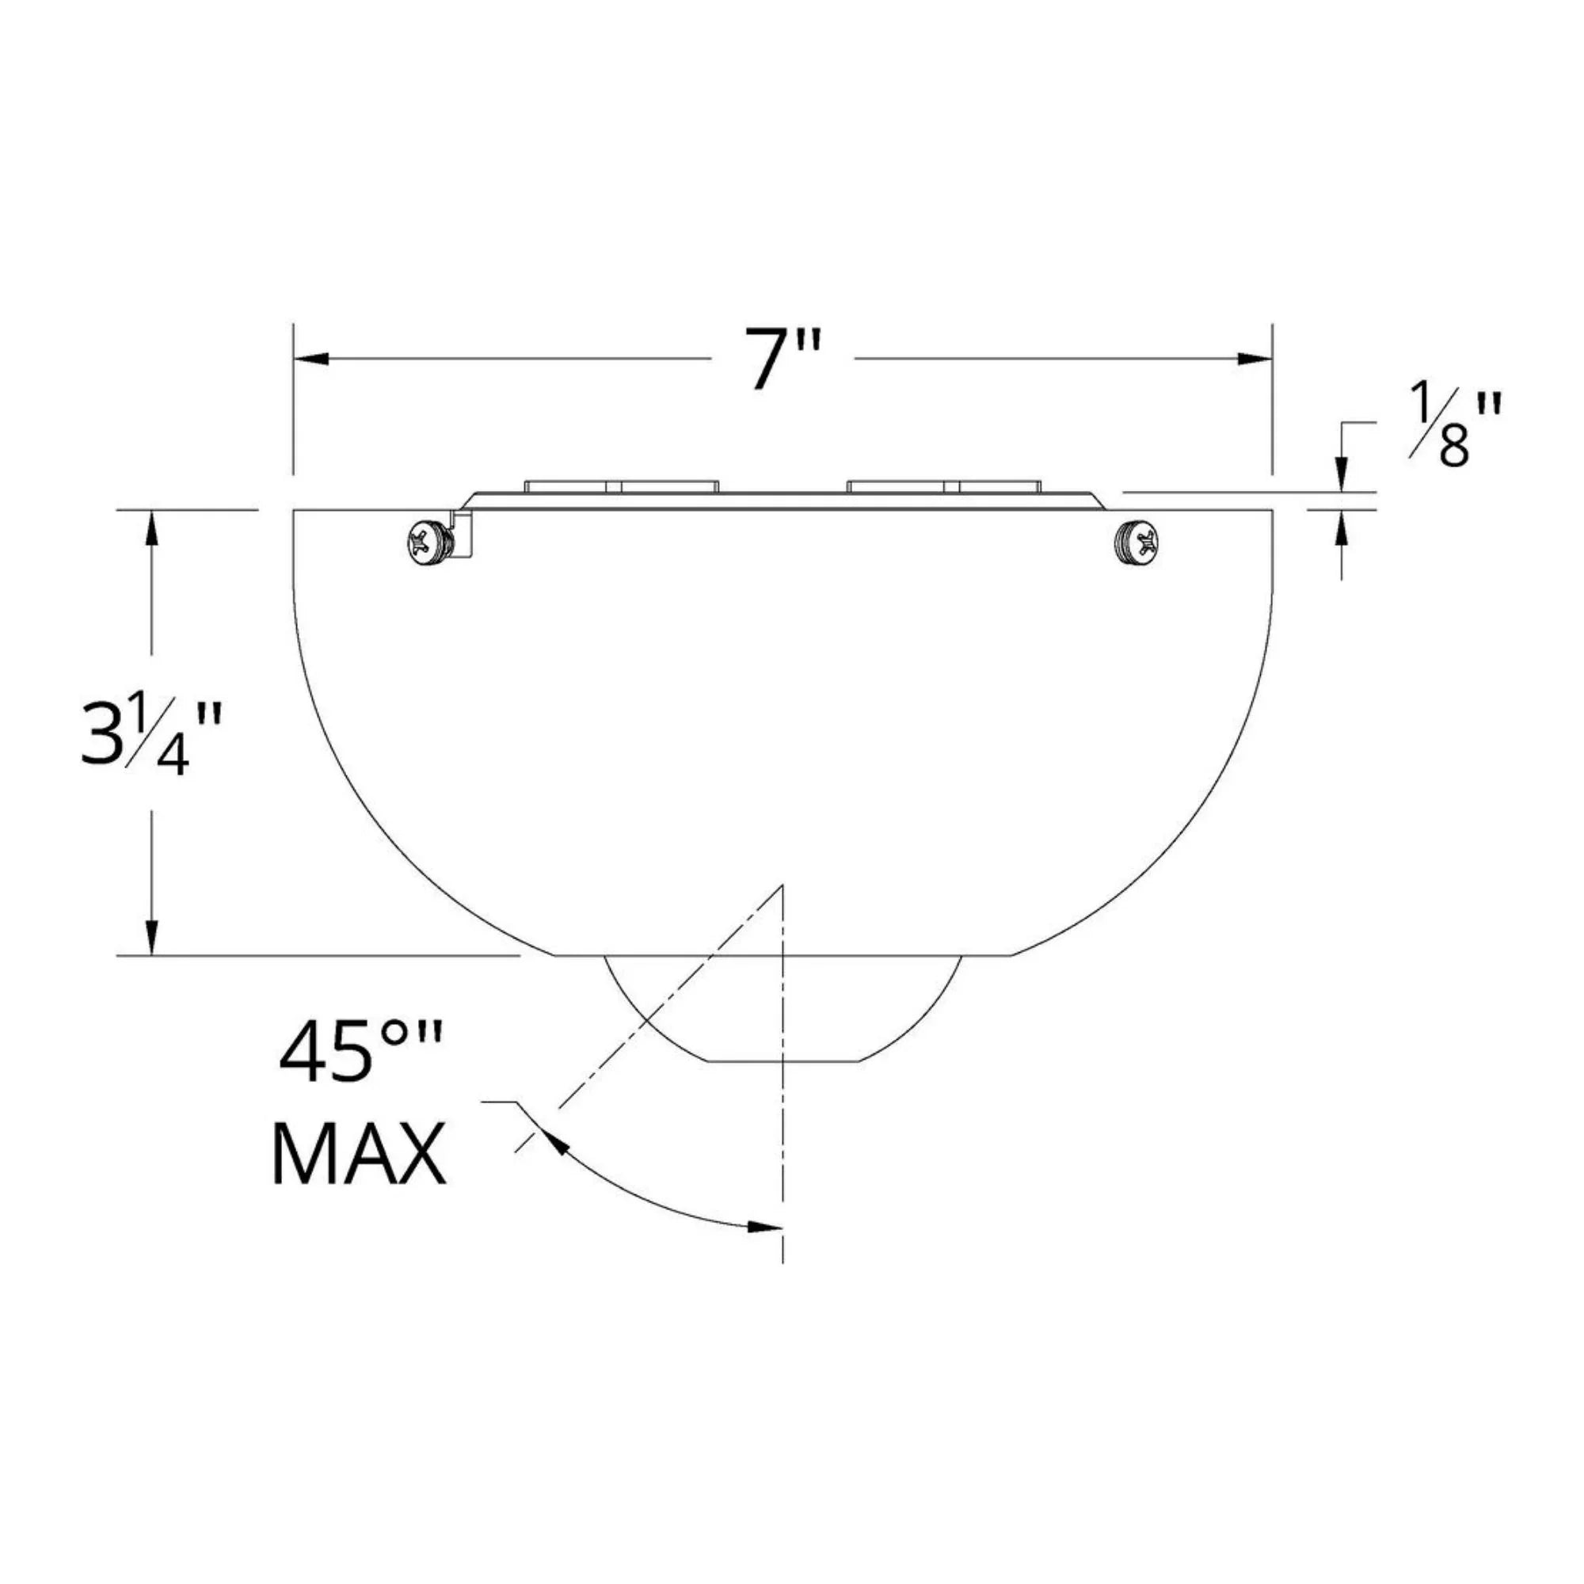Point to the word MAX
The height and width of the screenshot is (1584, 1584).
coord(358,1155)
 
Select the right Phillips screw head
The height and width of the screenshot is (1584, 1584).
coord(1137,541)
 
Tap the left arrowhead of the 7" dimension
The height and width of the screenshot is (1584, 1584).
coord(311,359)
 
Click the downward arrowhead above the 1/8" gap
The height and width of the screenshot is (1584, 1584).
coord(1342,475)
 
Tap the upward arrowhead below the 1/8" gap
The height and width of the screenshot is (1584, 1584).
coord(1342,527)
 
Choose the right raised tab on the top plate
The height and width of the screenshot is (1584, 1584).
coord(944,486)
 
